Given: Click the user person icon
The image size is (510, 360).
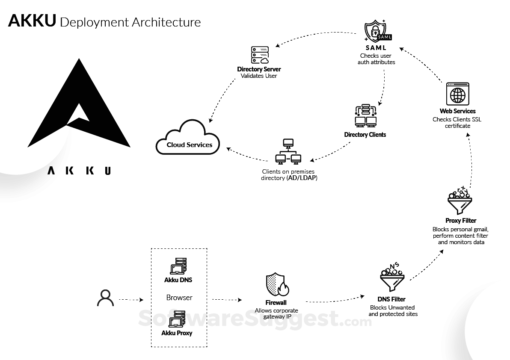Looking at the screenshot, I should pyautogui.click(x=105, y=298).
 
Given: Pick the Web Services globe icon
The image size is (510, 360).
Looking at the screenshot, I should pyautogui.click(x=457, y=94).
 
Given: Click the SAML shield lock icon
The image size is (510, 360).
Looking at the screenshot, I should pyautogui.click(x=375, y=31).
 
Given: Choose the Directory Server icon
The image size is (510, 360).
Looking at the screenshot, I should pyautogui.click(x=259, y=55).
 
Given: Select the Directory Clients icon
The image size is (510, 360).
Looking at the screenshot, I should pyautogui.click(x=365, y=116).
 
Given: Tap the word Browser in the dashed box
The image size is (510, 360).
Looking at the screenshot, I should pyautogui.click(x=179, y=298).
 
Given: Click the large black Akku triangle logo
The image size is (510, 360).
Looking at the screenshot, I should pyautogui.click(x=79, y=107).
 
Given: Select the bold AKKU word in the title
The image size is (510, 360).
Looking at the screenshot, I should pyautogui.click(x=32, y=21).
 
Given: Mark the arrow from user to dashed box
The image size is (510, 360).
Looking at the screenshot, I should pyautogui.click(x=130, y=300).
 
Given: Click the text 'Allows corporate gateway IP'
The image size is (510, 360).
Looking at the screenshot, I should pyautogui.click(x=276, y=313).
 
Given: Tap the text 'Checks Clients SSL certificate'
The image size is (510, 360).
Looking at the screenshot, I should pyautogui.click(x=457, y=123).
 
